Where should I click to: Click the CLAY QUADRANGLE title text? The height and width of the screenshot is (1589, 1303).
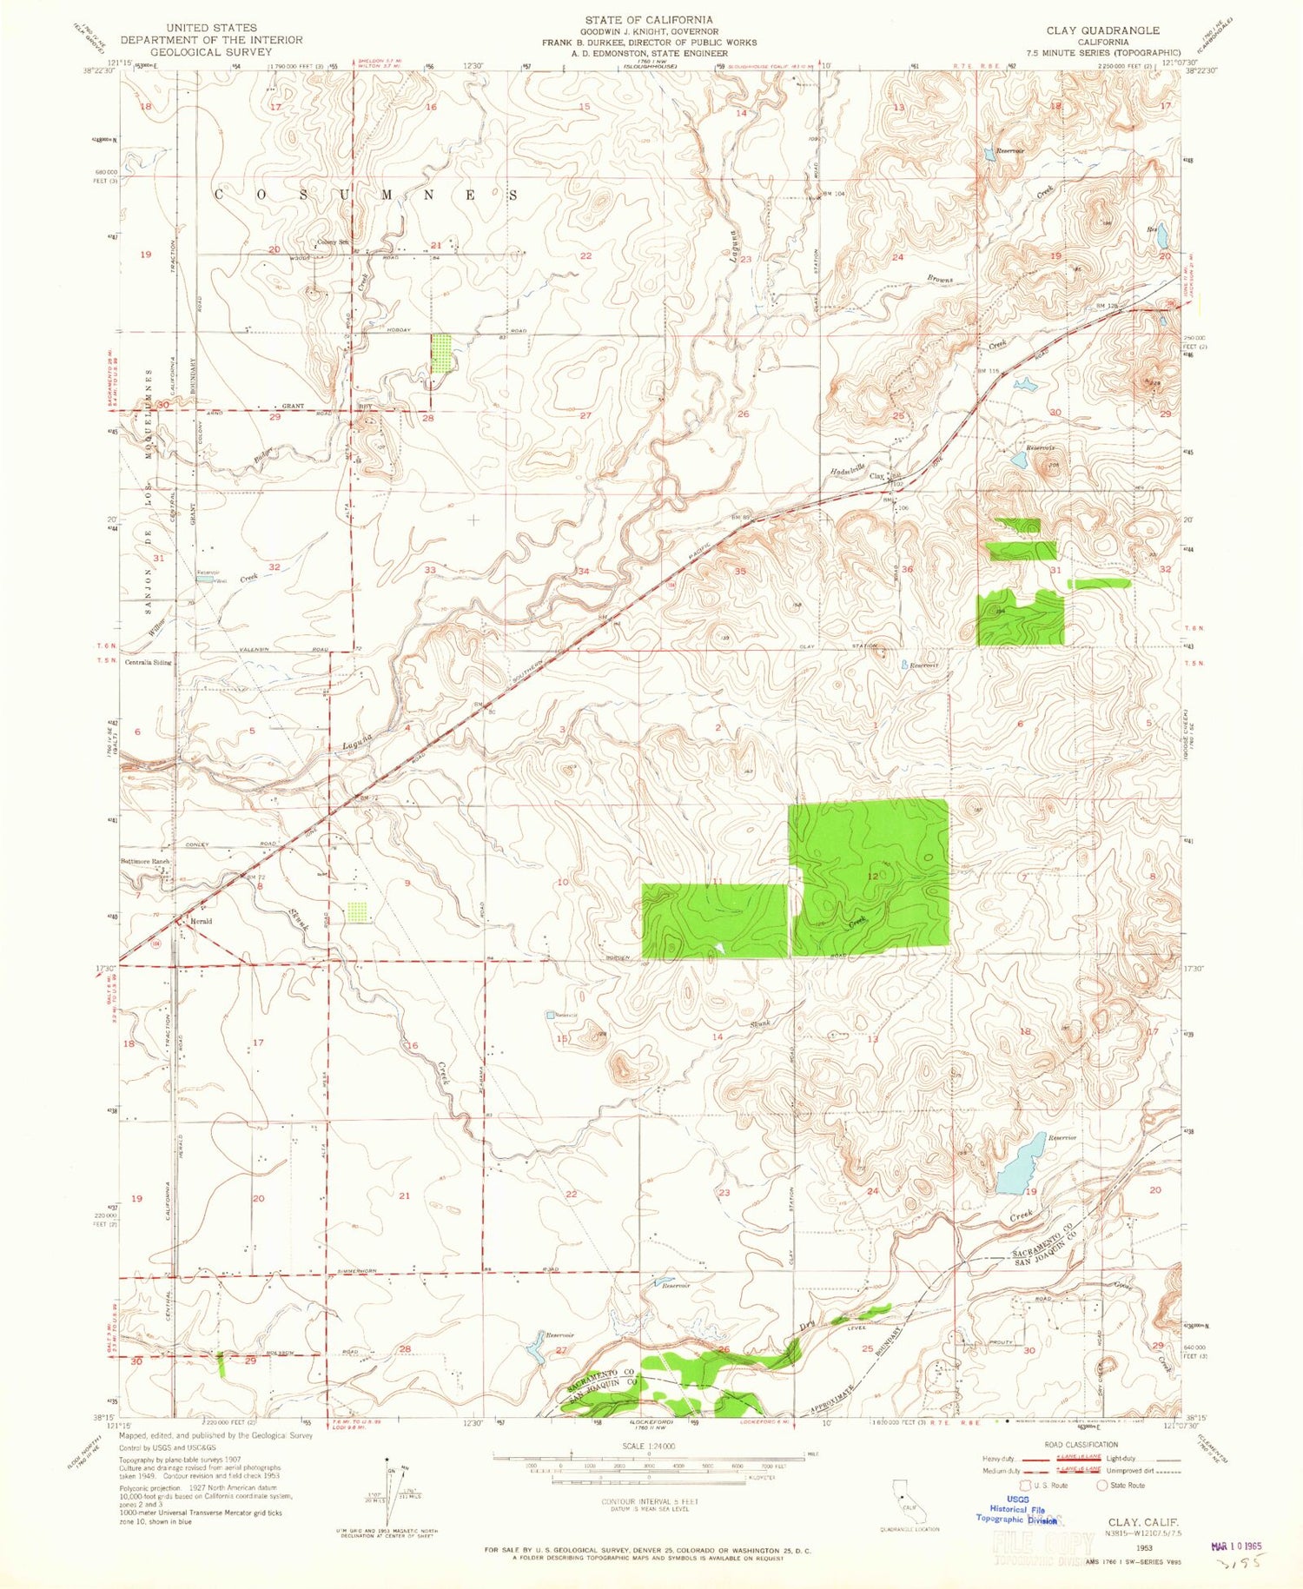click(x=1102, y=30)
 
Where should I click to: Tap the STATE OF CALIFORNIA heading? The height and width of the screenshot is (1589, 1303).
click(x=648, y=19)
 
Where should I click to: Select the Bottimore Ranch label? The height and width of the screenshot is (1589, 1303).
click(x=144, y=862)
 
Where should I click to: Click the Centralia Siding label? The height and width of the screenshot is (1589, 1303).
click(x=148, y=662)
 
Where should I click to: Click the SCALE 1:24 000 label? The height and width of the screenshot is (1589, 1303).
click(x=649, y=1446)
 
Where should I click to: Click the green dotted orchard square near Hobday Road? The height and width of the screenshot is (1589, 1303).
click(x=442, y=354)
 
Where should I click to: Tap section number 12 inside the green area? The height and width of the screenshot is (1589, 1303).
click(x=872, y=877)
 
